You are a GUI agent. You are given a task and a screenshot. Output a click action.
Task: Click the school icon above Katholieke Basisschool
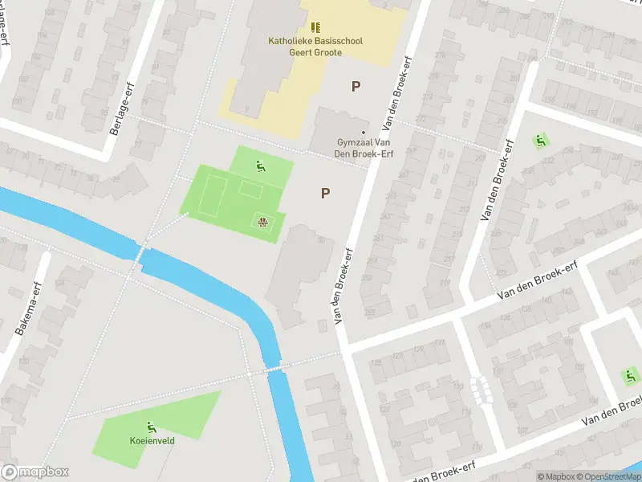pyautogui.click(x=315, y=27)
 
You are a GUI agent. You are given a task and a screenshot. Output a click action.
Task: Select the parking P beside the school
pyautogui.click(x=356, y=86)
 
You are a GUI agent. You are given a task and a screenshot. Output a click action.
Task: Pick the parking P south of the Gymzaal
pyautogui.click(x=325, y=193)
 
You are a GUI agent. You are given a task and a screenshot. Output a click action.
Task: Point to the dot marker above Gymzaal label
pyautogui.click(x=364, y=133)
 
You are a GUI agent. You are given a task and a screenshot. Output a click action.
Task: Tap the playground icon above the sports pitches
pyautogui.click(x=260, y=167)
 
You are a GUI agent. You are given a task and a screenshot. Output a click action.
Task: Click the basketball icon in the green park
pyautogui.click(x=262, y=221)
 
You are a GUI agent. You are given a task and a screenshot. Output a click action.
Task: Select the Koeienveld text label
pyautogui.click(x=152, y=440)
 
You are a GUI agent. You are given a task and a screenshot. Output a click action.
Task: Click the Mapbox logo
pyautogui.click(x=35, y=472)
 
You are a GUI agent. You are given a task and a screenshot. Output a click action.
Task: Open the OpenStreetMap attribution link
pyautogui.click(x=609, y=476)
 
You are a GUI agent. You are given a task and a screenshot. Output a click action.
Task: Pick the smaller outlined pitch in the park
pyautogui.click(x=250, y=190)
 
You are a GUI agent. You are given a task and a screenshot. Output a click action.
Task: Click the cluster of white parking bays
pyautogui.click(x=481, y=390)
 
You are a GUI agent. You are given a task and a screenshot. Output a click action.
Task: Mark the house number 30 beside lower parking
pyautogui.click(x=322, y=239)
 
